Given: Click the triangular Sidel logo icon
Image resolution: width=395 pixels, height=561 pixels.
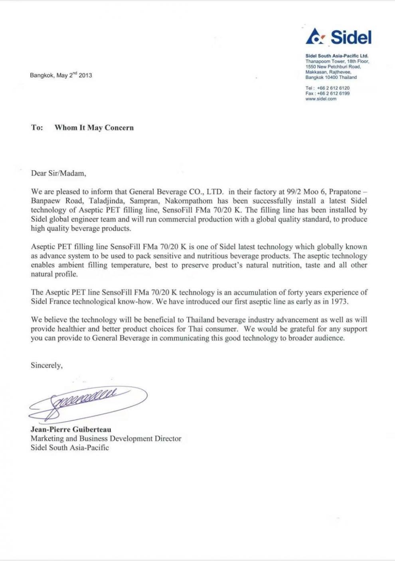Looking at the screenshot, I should pos(316,37).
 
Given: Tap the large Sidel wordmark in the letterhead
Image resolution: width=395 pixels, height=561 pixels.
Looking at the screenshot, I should pos(351,37).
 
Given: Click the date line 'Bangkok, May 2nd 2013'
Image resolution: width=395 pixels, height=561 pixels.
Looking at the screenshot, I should pos(61,75).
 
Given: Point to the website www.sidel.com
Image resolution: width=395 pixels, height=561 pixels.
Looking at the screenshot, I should pos(321,99).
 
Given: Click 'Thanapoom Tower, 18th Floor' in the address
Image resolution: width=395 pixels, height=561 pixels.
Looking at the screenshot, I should pos(337,61).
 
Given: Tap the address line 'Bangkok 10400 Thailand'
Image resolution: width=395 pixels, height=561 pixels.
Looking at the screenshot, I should pos(331,77).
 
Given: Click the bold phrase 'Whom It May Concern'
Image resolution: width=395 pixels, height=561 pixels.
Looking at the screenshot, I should pos(94,128).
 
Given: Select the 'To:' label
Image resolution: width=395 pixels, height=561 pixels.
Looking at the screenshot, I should pos(37,128).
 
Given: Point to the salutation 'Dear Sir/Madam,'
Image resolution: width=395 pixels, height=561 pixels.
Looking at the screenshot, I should pos(58,173).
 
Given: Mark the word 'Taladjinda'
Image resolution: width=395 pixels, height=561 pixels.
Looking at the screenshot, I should pos(107,201).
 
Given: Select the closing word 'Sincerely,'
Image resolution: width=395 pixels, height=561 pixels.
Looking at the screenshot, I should pos(46,365).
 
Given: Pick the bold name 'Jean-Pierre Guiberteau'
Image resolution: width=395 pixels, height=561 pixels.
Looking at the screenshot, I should pos(71,429).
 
